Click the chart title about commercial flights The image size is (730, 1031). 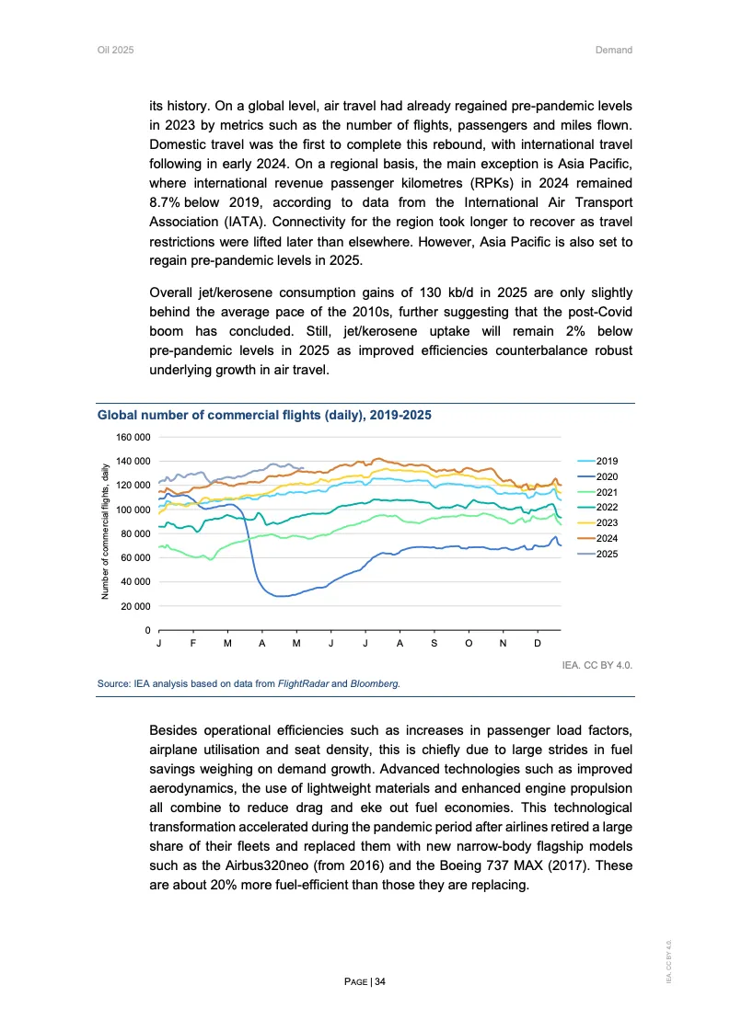tap(264, 416)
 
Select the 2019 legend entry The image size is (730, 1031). tap(608, 460)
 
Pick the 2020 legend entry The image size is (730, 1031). tap(608, 475)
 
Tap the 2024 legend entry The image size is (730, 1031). tap(608, 538)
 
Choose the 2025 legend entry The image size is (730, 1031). tap(608, 554)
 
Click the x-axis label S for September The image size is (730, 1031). tap(434, 643)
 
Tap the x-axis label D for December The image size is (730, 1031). tap(538, 643)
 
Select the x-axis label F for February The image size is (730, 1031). tap(192, 643)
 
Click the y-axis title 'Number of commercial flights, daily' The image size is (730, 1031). tap(106, 533)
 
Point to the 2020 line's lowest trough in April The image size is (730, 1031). tap(282, 596)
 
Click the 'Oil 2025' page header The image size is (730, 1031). tap(116, 50)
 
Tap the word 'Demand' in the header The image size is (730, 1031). tap(614, 50)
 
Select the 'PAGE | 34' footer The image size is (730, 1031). tap(365, 982)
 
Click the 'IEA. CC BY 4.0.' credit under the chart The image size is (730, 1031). tap(597, 663)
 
